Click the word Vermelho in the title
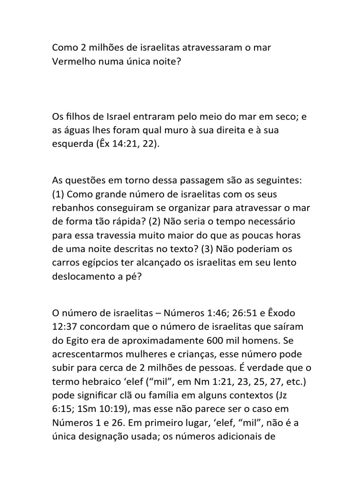pos(71,62)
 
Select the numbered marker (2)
pos(155,222)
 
